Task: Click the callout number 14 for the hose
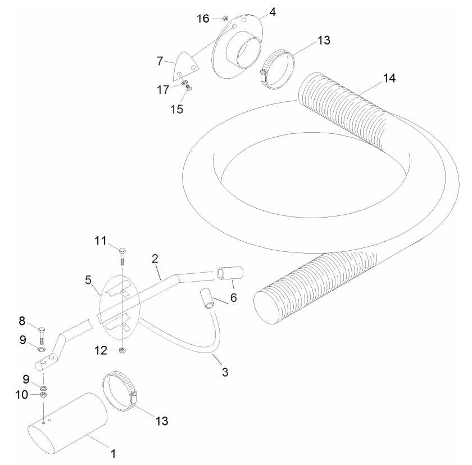tap(389, 78)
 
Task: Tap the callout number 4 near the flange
tap(273, 12)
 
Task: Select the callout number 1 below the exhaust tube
tap(113, 454)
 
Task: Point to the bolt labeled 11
tap(122, 256)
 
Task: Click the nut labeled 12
tap(122, 350)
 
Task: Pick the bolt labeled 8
tap(42, 336)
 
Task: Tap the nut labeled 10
tap(43, 394)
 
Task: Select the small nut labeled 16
tap(225, 19)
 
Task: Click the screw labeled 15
tap(189, 88)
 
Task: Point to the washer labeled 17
tap(184, 82)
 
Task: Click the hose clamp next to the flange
tap(276, 70)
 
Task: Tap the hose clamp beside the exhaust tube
tap(120, 391)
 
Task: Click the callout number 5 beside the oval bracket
tap(88, 280)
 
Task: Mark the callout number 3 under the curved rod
tap(225, 372)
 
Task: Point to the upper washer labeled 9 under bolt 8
tap(41, 349)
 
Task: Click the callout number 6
tap(234, 298)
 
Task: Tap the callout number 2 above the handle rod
tap(155, 259)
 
